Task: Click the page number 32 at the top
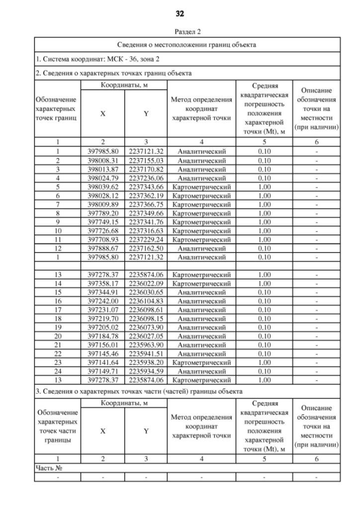coord(180,12)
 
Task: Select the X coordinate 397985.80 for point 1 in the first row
coord(103,152)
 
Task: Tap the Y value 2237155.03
coord(146,160)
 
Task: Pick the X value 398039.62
coord(103,186)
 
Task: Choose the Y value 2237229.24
coord(146,238)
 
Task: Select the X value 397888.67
coord(103,247)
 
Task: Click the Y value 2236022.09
coord(146,283)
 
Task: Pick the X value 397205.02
coord(103,327)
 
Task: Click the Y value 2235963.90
coord(146,344)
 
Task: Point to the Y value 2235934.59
coord(146,371)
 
